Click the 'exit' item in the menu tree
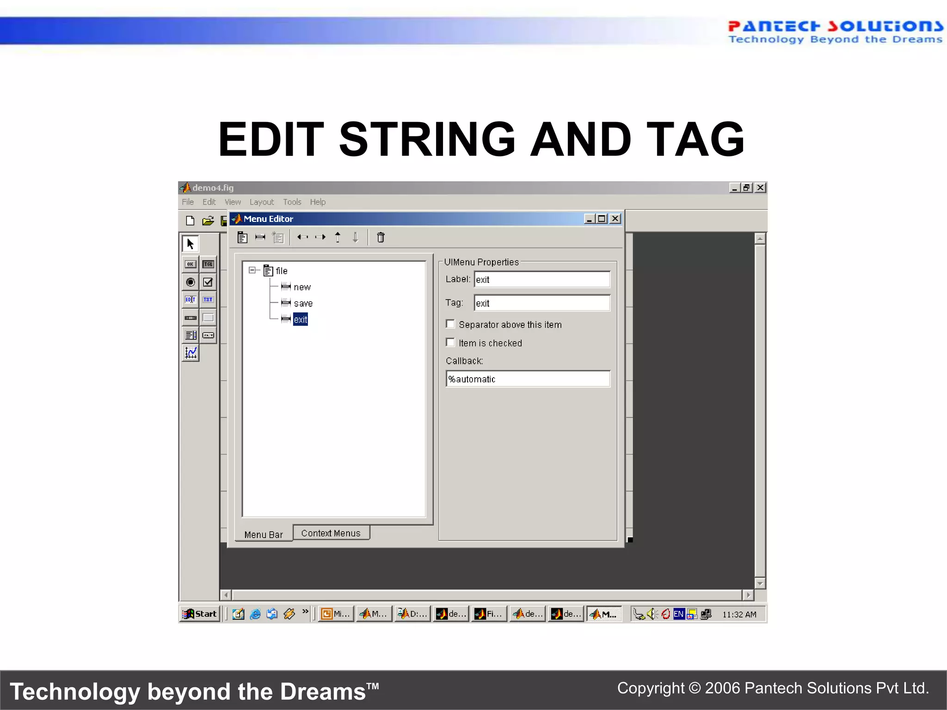point(300,319)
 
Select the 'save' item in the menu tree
point(303,303)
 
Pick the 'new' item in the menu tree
point(302,287)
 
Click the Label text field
point(541,280)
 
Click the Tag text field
point(541,303)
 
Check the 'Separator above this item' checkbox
point(450,324)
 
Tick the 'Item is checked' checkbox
point(450,343)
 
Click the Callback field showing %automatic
point(528,379)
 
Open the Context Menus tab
point(331,533)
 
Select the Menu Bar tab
point(263,534)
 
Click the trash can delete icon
point(381,238)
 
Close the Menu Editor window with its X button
point(615,219)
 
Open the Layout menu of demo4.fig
point(261,202)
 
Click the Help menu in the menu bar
point(318,202)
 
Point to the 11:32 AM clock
point(739,614)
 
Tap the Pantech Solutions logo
point(835,31)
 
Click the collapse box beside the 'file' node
point(252,270)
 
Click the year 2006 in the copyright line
point(722,688)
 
